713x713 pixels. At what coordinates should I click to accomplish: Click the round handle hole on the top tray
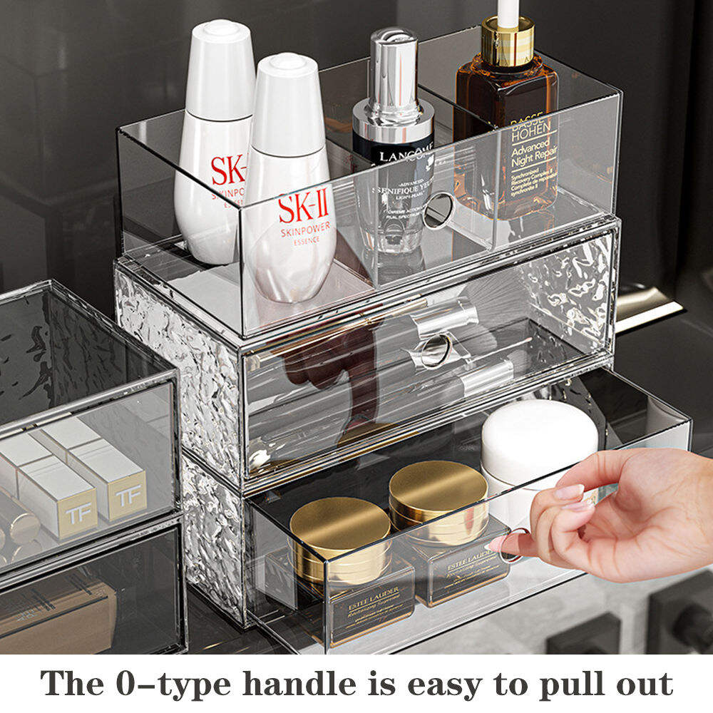coord(439,211)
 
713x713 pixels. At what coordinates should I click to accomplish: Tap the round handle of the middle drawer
coord(436,350)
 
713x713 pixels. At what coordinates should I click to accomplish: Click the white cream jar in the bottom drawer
coord(539,438)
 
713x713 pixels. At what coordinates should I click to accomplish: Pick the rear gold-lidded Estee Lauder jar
coord(438,492)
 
